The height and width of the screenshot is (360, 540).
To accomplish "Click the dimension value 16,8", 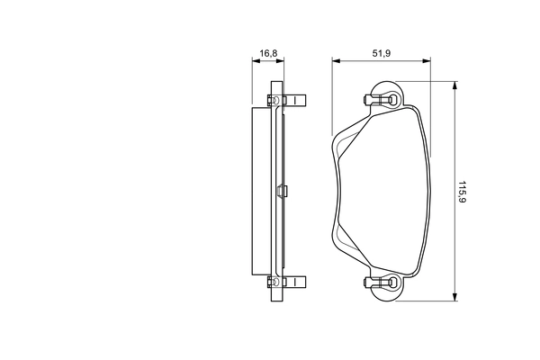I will (268, 53).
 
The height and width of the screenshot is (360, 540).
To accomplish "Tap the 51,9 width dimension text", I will (381, 53).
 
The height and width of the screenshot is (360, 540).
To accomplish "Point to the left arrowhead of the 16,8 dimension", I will (254, 62).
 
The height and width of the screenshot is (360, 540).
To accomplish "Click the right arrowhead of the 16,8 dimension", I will (282, 62).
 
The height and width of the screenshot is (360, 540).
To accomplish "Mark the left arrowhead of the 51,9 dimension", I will (336, 62).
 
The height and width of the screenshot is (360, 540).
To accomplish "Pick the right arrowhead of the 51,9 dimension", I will (426, 62).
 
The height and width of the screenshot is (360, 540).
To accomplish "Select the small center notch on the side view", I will (283, 191).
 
